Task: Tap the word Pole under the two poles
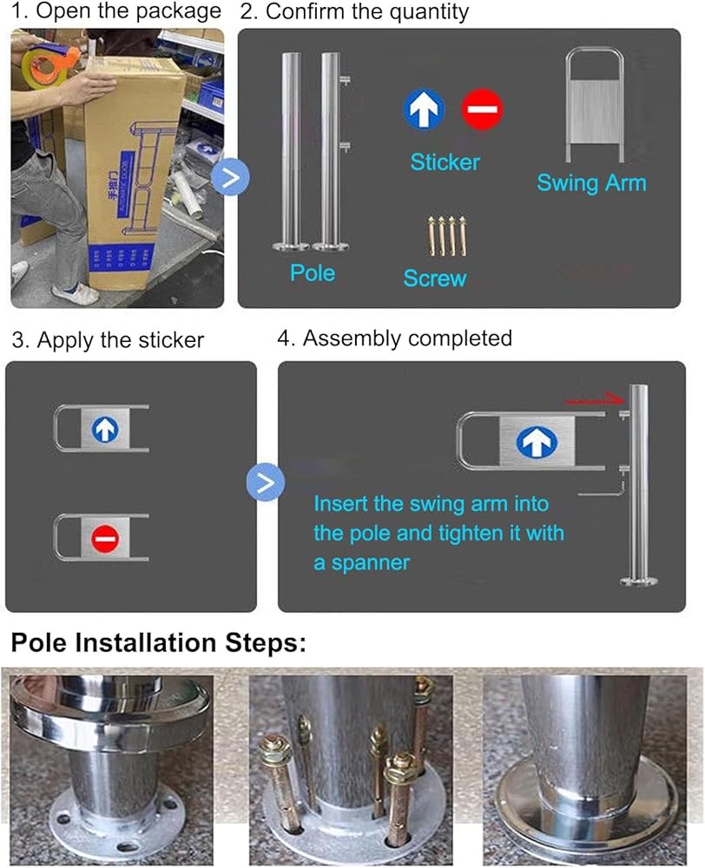point(313,273)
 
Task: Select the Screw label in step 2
point(435,278)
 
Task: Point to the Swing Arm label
point(591,182)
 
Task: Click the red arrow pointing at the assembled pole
point(593,400)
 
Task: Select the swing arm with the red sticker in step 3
point(102,542)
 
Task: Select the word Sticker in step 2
point(445,161)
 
